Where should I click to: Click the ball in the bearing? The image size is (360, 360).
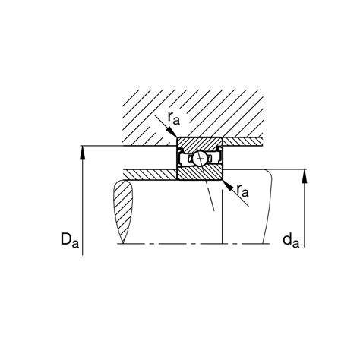[x=200, y=158]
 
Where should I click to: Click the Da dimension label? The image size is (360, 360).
[x=70, y=242]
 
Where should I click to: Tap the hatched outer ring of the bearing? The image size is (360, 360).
[x=200, y=143]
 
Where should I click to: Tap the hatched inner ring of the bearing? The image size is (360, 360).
[x=200, y=173]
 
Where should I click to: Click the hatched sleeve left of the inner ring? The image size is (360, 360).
[x=148, y=173]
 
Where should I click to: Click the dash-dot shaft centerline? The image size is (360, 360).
[x=190, y=245]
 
